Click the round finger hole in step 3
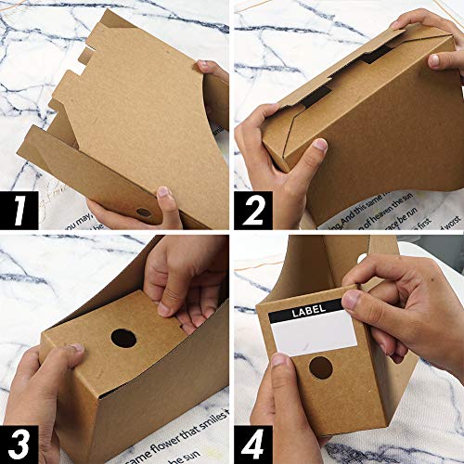tap(123, 338)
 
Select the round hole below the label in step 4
tap(320, 367)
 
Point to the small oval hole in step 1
tap(144, 213)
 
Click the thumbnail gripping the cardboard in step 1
tap(164, 192)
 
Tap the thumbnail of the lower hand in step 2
tap(319, 145)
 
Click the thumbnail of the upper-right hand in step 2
tap(433, 60)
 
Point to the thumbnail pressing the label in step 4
tap(350, 300)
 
